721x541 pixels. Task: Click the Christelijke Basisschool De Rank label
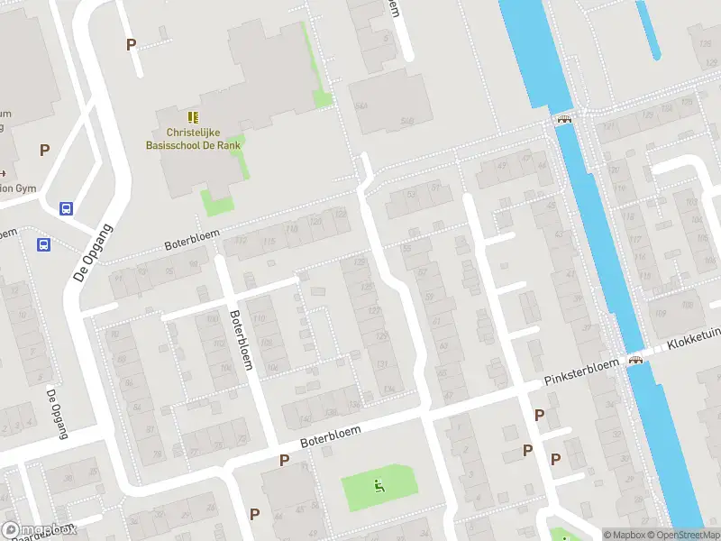tap(194, 137)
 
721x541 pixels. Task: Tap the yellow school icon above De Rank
tap(192, 117)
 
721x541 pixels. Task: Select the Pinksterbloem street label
tap(581, 374)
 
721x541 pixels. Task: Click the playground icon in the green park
tap(379, 487)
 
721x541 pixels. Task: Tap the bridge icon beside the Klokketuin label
tap(637, 361)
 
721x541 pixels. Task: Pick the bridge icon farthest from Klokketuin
tap(565, 118)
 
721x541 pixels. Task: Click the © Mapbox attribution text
tap(624, 534)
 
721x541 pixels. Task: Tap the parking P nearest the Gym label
tap(44, 151)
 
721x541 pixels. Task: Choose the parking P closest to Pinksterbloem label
tap(539, 415)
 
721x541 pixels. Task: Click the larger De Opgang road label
tap(90, 252)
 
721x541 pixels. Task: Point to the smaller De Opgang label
tap(57, 413)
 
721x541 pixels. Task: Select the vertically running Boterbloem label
tap(241, 339)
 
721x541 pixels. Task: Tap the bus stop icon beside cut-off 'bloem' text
tap(42, 244)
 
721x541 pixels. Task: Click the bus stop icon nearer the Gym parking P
tap(66, 208)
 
